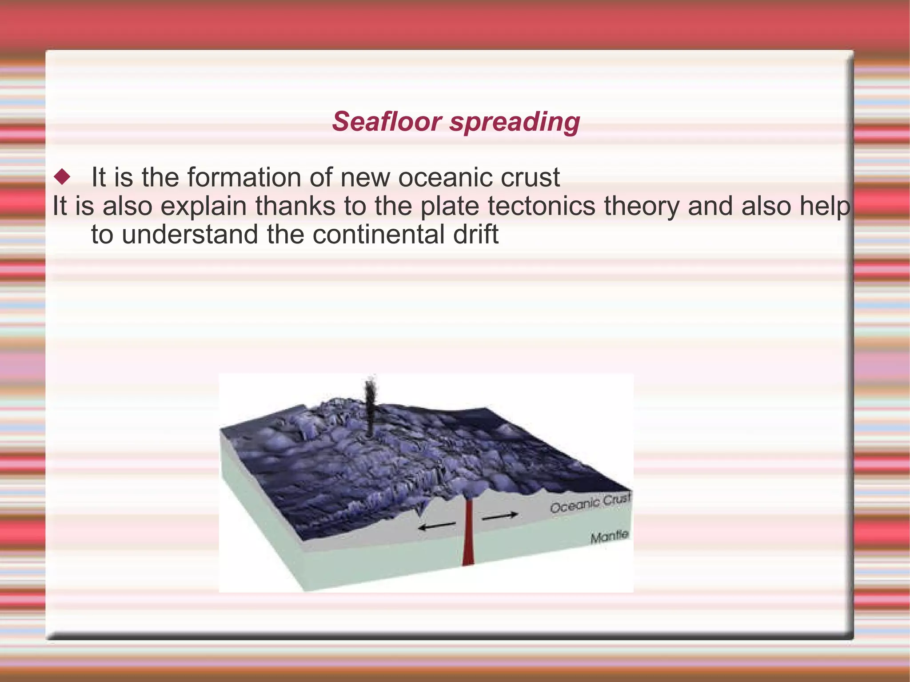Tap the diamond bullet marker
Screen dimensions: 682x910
coord(62,177)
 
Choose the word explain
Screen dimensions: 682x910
coord(203,206)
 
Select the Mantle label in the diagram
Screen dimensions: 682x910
coord(609,536)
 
